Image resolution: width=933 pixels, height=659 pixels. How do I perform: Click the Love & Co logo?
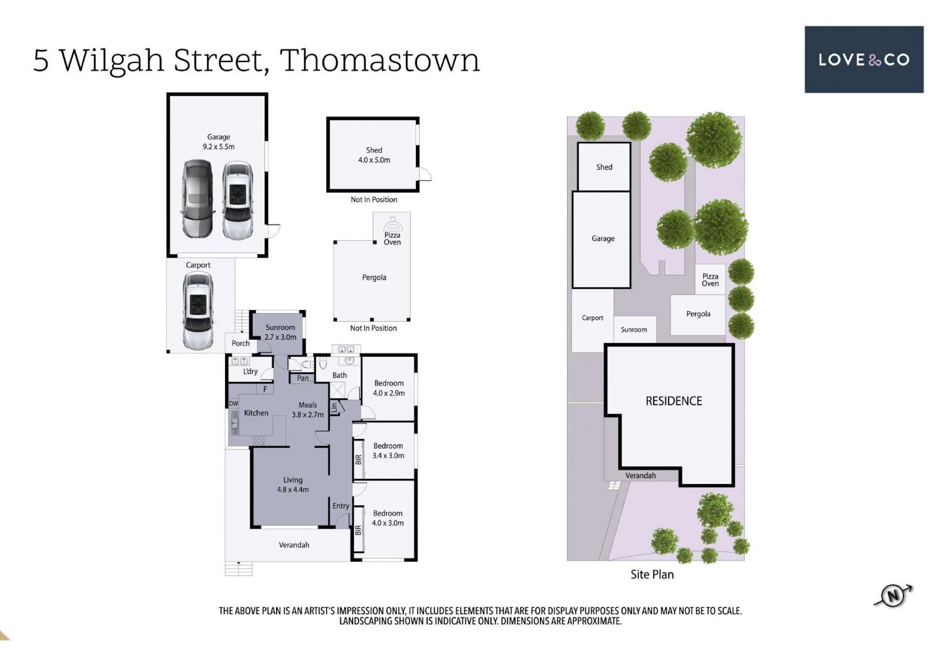[864, 59]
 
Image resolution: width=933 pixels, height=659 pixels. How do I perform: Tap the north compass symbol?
[893, 596]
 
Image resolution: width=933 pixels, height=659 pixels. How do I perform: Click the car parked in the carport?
[198, 311]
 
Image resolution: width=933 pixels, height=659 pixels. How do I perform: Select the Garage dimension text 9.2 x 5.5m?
[219, 147]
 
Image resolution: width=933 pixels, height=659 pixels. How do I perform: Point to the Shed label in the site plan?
[604, 167]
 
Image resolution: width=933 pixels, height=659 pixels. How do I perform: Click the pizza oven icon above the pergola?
[392, 225]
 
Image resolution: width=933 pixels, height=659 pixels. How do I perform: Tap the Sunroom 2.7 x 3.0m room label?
[280, 332]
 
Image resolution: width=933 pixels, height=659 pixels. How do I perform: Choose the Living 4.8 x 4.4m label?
[293, 485]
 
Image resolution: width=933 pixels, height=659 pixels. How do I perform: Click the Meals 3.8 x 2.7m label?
[308, 410]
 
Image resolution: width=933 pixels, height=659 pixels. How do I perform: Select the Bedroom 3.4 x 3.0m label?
[388, 451]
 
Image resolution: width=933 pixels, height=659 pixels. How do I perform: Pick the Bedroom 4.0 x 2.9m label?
[389, 388]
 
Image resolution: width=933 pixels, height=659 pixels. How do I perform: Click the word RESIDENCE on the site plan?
[674, 401]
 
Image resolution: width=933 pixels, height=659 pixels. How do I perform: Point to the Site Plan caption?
[652, 574]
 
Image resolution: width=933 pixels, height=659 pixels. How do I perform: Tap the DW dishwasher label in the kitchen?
[234, 403]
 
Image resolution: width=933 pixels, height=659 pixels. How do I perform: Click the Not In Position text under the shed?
[374, 200]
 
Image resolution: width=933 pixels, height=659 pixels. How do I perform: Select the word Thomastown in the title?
[380, 61]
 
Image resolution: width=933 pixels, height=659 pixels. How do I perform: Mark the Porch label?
[241, 343]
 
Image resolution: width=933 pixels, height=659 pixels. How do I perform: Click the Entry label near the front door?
[341, 506]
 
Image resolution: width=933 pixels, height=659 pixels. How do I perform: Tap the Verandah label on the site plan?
[640, 475]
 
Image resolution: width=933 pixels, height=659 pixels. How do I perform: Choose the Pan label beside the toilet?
[303, 378]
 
